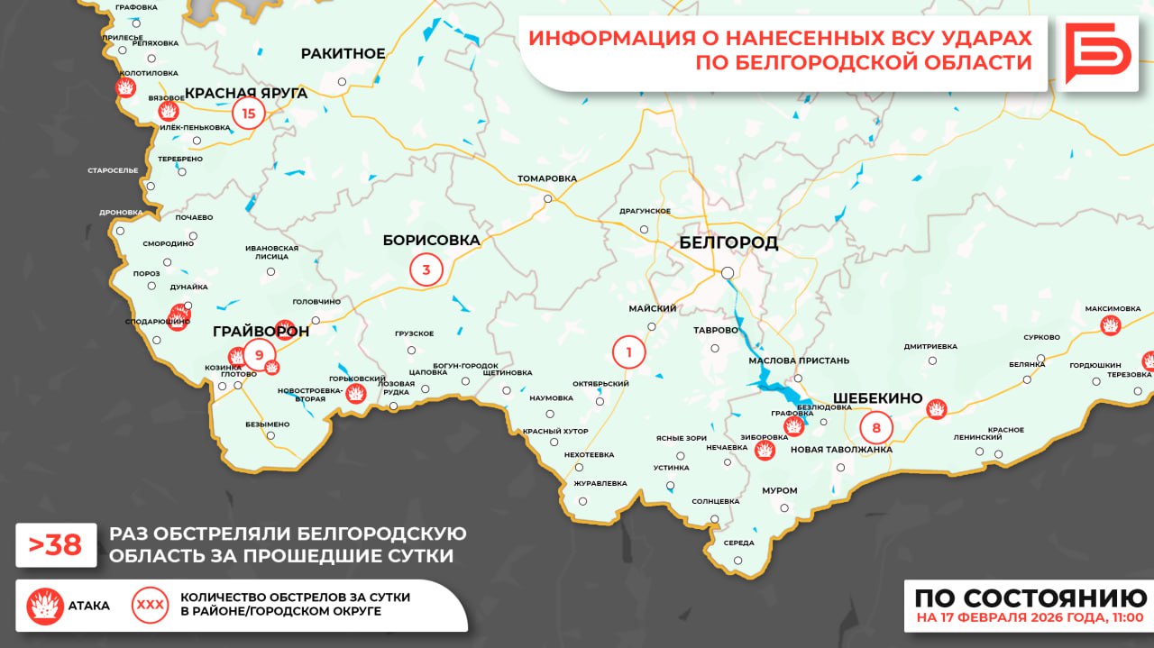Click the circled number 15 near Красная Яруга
click(x=249, y=114)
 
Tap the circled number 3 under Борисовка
click(x=426, y=269)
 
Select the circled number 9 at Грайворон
click(x=259, y=355)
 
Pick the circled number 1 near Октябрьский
click(x=628, y=351)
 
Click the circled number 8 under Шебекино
click(x=876, y=426)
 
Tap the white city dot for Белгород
click(x=727, y=272)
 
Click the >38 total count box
click(x=56, y=544)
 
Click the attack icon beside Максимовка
click(x=1111, y=325)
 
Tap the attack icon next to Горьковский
click(x=357, y=393)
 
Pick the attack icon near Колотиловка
click(x=125, y=87)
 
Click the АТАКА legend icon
click(x=44, y=606)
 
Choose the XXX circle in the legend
click(x=151, y=605)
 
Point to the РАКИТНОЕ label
click(x=343, y=53)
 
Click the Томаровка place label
click(x=546, y=178)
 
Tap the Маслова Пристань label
click(x=799, y=361)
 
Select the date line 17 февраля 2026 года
click(x=1030, y=618)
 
